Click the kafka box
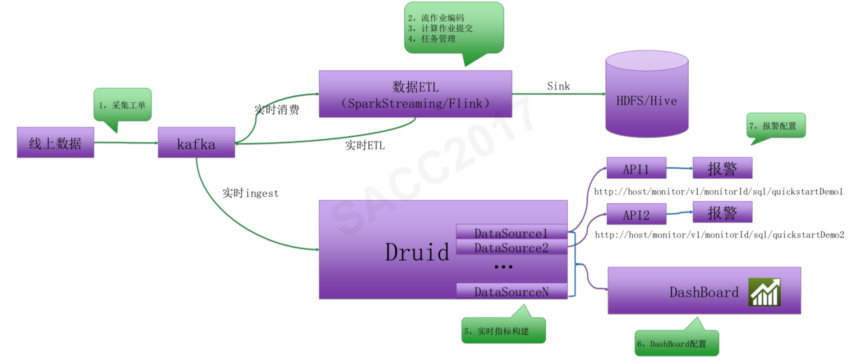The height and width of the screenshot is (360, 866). coord(196,143)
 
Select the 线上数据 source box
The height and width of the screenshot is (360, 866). coord(55,143)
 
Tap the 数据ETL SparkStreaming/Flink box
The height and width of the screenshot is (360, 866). coord(415,94)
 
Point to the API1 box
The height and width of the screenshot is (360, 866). coord(636,168)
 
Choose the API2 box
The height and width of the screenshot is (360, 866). coord(636,214)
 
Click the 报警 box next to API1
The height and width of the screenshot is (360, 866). coord(722,168)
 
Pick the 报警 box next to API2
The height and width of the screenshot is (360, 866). coord(722,212)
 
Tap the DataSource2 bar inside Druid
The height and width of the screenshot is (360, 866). coord(511,247)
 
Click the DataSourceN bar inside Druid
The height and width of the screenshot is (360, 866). coord(511,291)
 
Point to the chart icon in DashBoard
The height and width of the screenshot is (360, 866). coord(764,292)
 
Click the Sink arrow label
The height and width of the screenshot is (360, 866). coord(558,86)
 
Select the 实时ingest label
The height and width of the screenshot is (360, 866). coord(250,193)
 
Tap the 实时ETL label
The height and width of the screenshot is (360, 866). coord(364,145)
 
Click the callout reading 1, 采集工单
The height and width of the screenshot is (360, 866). coord(122,105)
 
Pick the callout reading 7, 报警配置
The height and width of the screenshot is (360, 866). coord(775,126)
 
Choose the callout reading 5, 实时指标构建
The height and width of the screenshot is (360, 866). coord(503,331)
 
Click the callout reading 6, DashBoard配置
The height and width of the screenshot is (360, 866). coord(676,343)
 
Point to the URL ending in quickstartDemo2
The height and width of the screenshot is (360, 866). coord(719,235)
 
